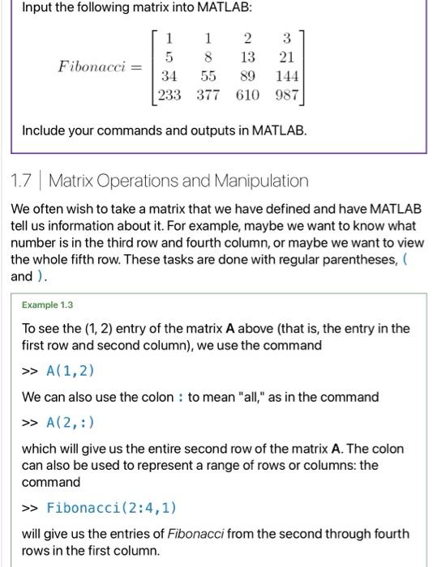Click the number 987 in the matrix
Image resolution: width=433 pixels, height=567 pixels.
[x=288, y=96]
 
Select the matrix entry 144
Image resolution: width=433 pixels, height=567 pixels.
[x=288, y=77]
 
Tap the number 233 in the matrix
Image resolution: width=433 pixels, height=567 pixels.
[x=170, y=96]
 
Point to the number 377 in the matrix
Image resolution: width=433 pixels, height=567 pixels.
[x=209, y=96]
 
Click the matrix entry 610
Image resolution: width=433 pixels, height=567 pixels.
[x=248, y=96]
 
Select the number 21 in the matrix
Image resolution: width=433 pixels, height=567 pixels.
[x=286, y=58]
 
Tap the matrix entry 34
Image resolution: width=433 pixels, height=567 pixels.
[x=169, y=77]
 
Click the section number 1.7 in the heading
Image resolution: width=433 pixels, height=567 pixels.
[x=22, y=181]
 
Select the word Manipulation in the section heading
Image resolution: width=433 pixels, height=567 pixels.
[x=260, y=181]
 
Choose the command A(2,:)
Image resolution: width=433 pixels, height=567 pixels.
[x=72, y=423]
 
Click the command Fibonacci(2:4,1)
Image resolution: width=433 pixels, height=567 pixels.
[x=111, y=508]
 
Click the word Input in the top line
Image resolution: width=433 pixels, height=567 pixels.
[x=38, y=7]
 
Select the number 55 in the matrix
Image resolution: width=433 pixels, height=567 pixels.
[x=209, y=77]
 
